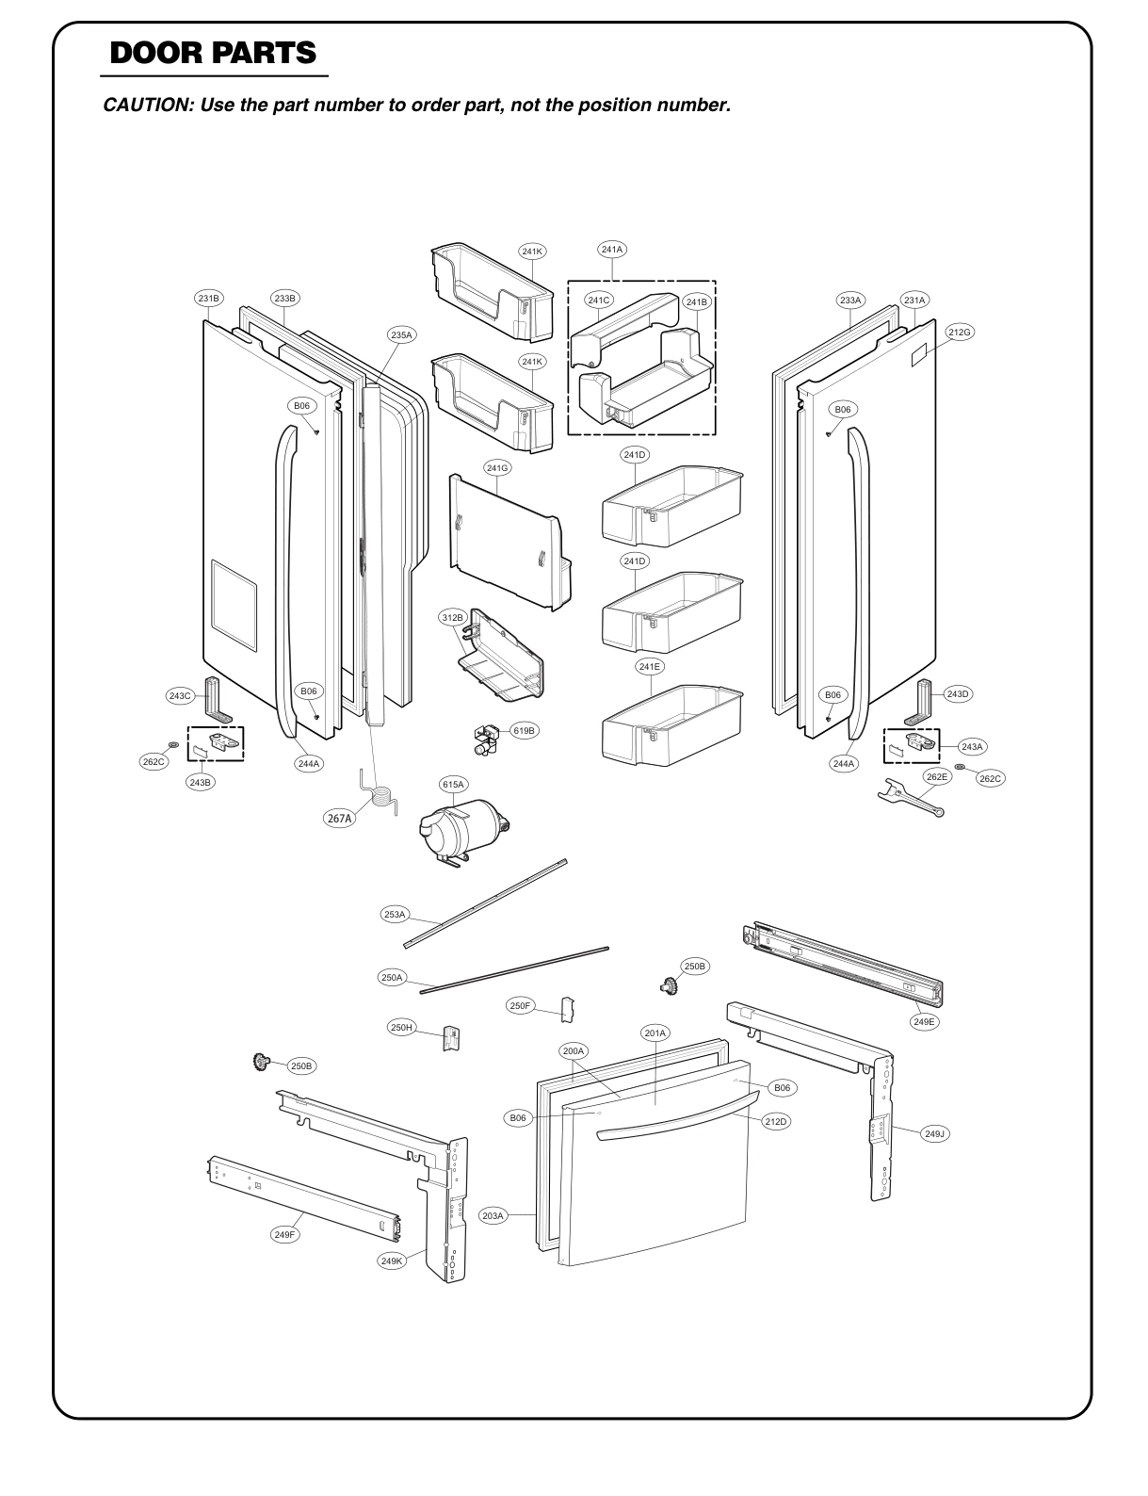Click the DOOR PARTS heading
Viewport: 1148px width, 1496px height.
212,53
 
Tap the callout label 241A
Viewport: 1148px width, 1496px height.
612,250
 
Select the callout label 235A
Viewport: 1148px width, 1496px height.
402,334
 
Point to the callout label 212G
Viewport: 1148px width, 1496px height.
960,333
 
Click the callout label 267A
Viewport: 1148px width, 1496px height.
340,819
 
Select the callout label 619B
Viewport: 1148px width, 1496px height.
524,730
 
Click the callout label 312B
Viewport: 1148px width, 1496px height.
453,618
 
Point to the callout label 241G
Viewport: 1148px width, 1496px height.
498,467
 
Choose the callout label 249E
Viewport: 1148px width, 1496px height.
926,1021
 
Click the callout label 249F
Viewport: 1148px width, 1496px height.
284,1234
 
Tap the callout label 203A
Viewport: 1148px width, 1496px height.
493,1216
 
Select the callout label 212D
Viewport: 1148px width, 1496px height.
775,1122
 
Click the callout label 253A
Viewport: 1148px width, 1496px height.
395,915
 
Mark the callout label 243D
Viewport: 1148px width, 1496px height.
957,693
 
